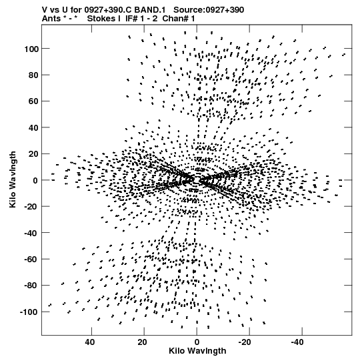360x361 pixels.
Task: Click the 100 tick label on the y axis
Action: tap(31, 49)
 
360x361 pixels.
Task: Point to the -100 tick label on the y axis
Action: tap(29, 312)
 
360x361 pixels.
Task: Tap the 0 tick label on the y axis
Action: tap(35, 180)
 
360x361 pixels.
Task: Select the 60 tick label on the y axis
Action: tap(33, 101)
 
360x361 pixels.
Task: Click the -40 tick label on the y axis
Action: tap(31, 234)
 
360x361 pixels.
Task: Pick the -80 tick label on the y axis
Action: tap(31, 286)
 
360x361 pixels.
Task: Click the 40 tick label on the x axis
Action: tap(89, 342)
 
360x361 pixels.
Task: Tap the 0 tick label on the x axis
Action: tap(197, 342)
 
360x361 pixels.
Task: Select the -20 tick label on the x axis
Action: tap(245, 342)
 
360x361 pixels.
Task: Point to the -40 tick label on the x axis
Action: tap(297, 342)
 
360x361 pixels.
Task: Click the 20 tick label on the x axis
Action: tap(142, 342)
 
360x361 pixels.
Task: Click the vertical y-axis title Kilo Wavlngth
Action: tap(13, 179)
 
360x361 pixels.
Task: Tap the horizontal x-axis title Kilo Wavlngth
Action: tap(197, 351)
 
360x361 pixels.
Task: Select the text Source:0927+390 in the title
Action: tap(209, 10)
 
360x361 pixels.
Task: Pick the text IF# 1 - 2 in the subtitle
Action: tap(141, 19)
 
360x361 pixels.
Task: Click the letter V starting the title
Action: tap(45, 10)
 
